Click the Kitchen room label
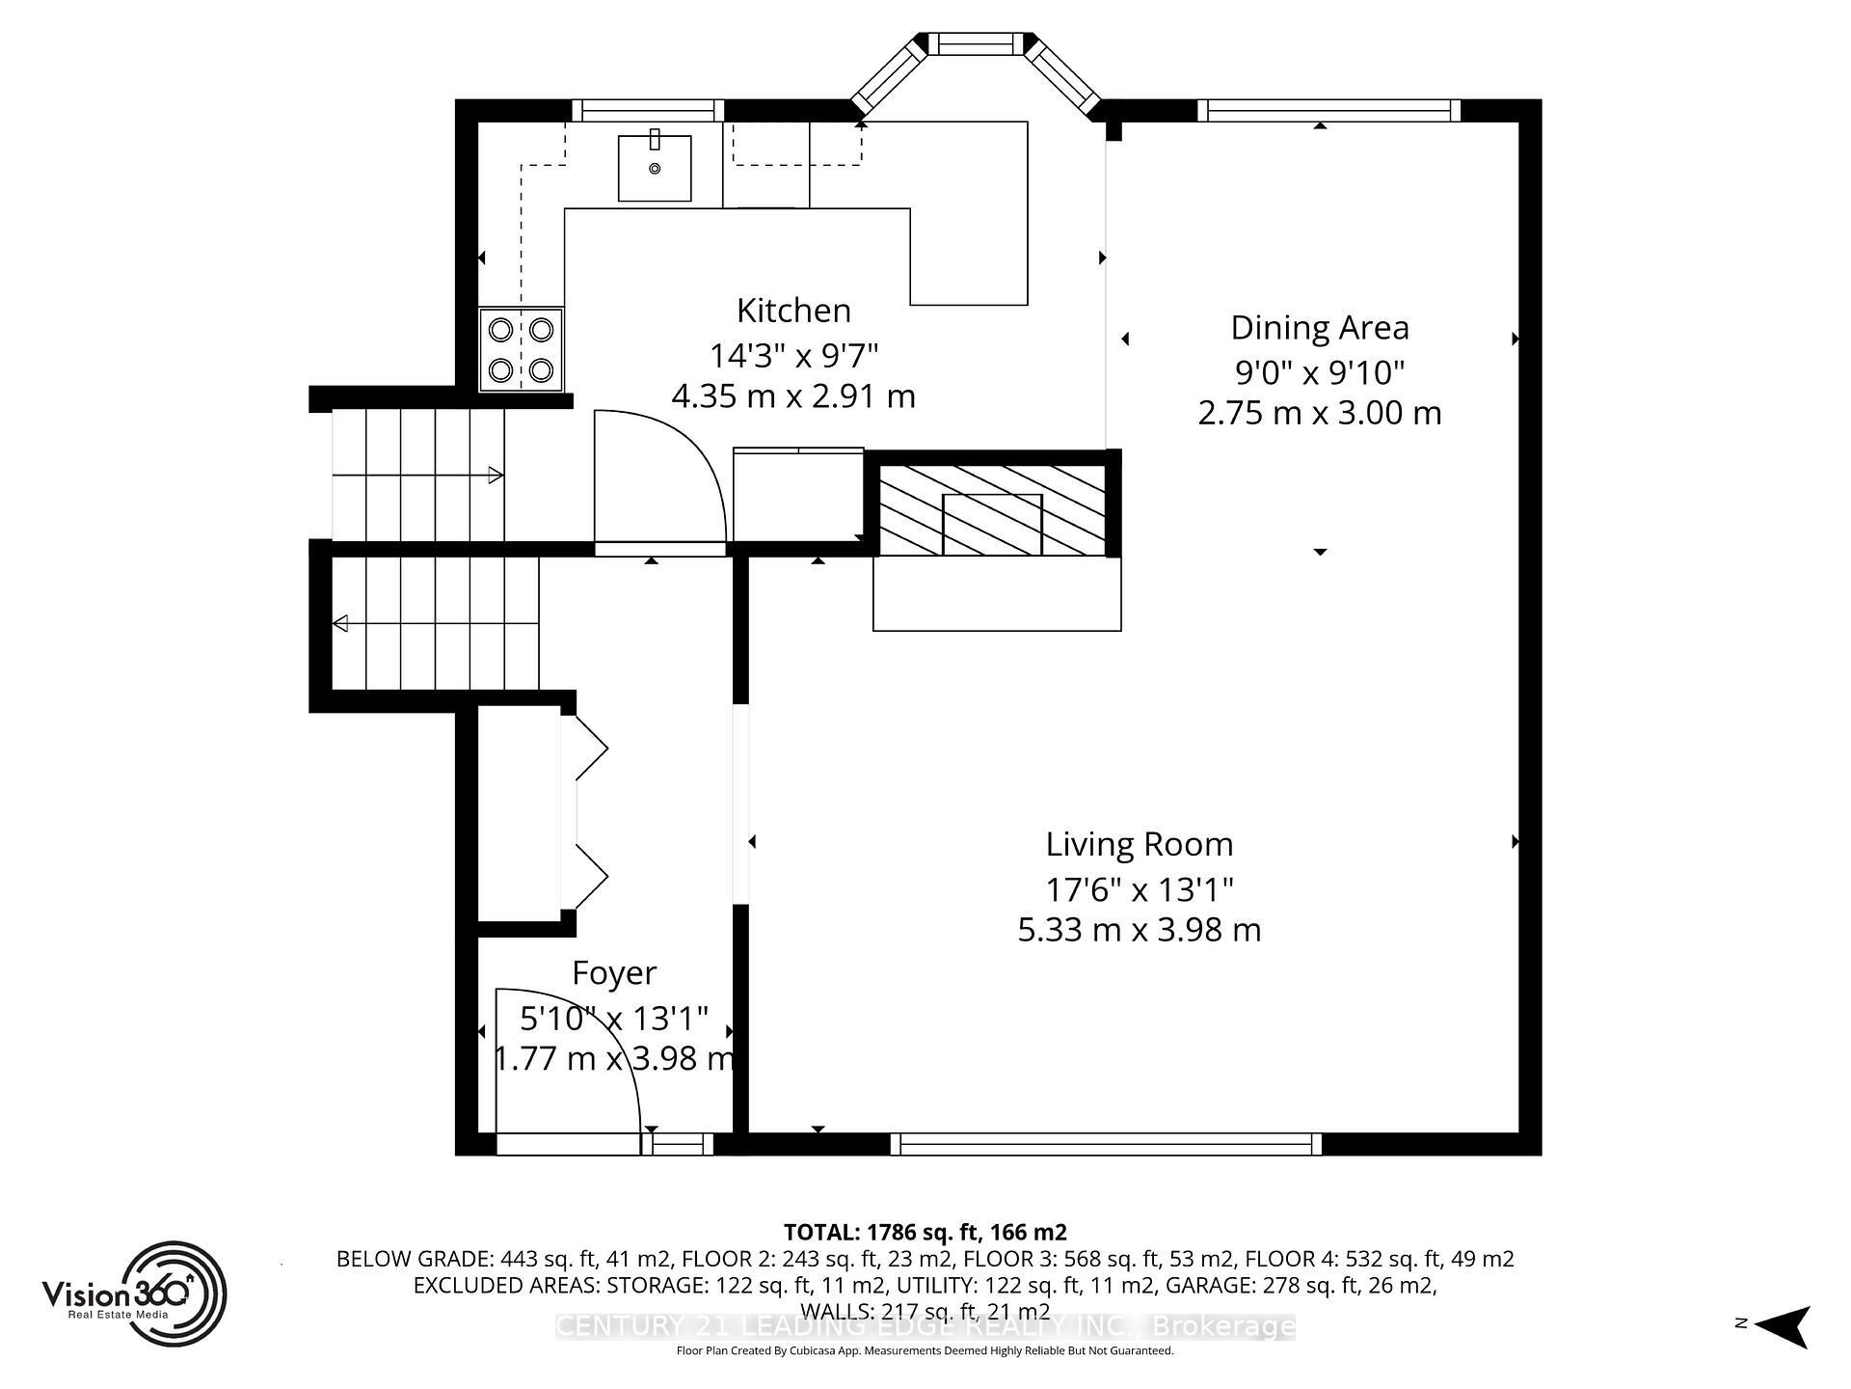793,311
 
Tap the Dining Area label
1319,328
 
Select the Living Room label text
1139,844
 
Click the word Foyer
614,972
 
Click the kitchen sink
655,168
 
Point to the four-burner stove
522,349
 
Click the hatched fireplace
991,510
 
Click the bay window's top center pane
975,43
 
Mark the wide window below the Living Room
1105,1144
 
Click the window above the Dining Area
1328,111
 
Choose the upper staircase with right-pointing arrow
417,474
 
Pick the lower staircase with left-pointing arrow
434,624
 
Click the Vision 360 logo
135,1293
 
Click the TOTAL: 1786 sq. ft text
925,1232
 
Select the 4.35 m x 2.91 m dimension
792,395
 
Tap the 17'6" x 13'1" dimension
1139,888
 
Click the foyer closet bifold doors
590,812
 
